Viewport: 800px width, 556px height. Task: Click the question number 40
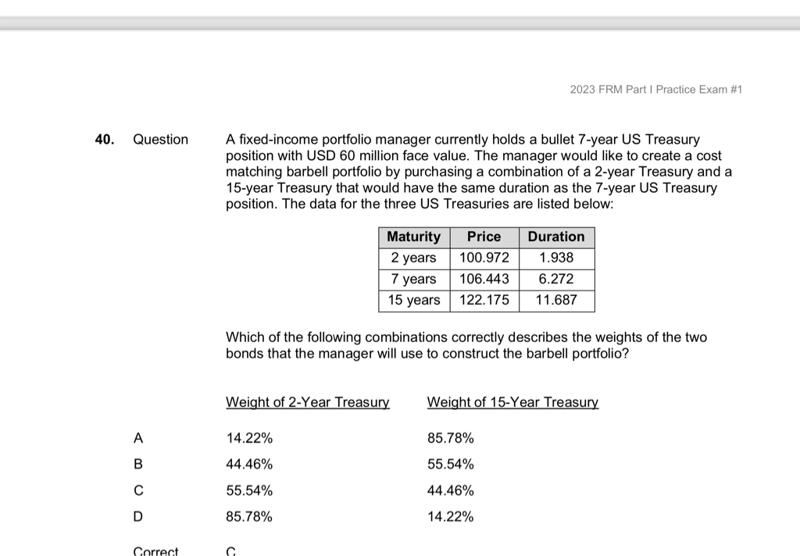pyautogui.click(x=103, y=140)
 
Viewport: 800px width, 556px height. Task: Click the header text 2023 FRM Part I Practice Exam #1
pyautogui.click(x=655, y=90)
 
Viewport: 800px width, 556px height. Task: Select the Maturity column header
pyautogui.click(x=414, y=237)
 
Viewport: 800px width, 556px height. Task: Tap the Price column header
pyautogui.click(x=484, y=237)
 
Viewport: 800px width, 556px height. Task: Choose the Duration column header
pyautogui.click(x=556, y=237)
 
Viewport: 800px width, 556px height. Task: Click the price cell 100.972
pyautogui.click(x=484, y=258)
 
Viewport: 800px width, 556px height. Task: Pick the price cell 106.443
pyautogui.click(x=484, y=279)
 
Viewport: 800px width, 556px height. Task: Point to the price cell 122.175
pyautogui.click(x=484, y=300)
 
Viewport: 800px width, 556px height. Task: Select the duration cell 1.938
pyautogui.click(x=556, y=258)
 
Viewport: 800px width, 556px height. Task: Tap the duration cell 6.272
pyautogui.click(x=556, y=279)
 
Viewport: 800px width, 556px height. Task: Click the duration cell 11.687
pyautogui.click(x=556, y=300)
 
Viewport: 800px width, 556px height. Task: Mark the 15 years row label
pyautogui.click(x=414, y=300)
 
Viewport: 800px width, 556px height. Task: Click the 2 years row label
pyautogui.click(x=414, y=258)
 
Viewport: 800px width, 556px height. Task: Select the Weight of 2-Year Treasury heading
pyautogui.click(x=307, y=403)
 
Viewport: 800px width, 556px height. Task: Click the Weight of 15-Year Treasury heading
pyautogui.click(x=512, y=403)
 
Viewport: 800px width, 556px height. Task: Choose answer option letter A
pyautogui.click(x=138, y=439)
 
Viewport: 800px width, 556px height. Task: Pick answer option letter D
pyautogui.click(x=138, y=517)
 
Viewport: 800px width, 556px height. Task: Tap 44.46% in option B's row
pyautogui.click(x=249, y=465)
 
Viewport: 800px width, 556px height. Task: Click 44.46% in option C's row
pyautogui.click(x=451, y=491)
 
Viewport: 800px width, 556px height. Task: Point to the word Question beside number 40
pyautogui.click(x=161, y=140)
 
